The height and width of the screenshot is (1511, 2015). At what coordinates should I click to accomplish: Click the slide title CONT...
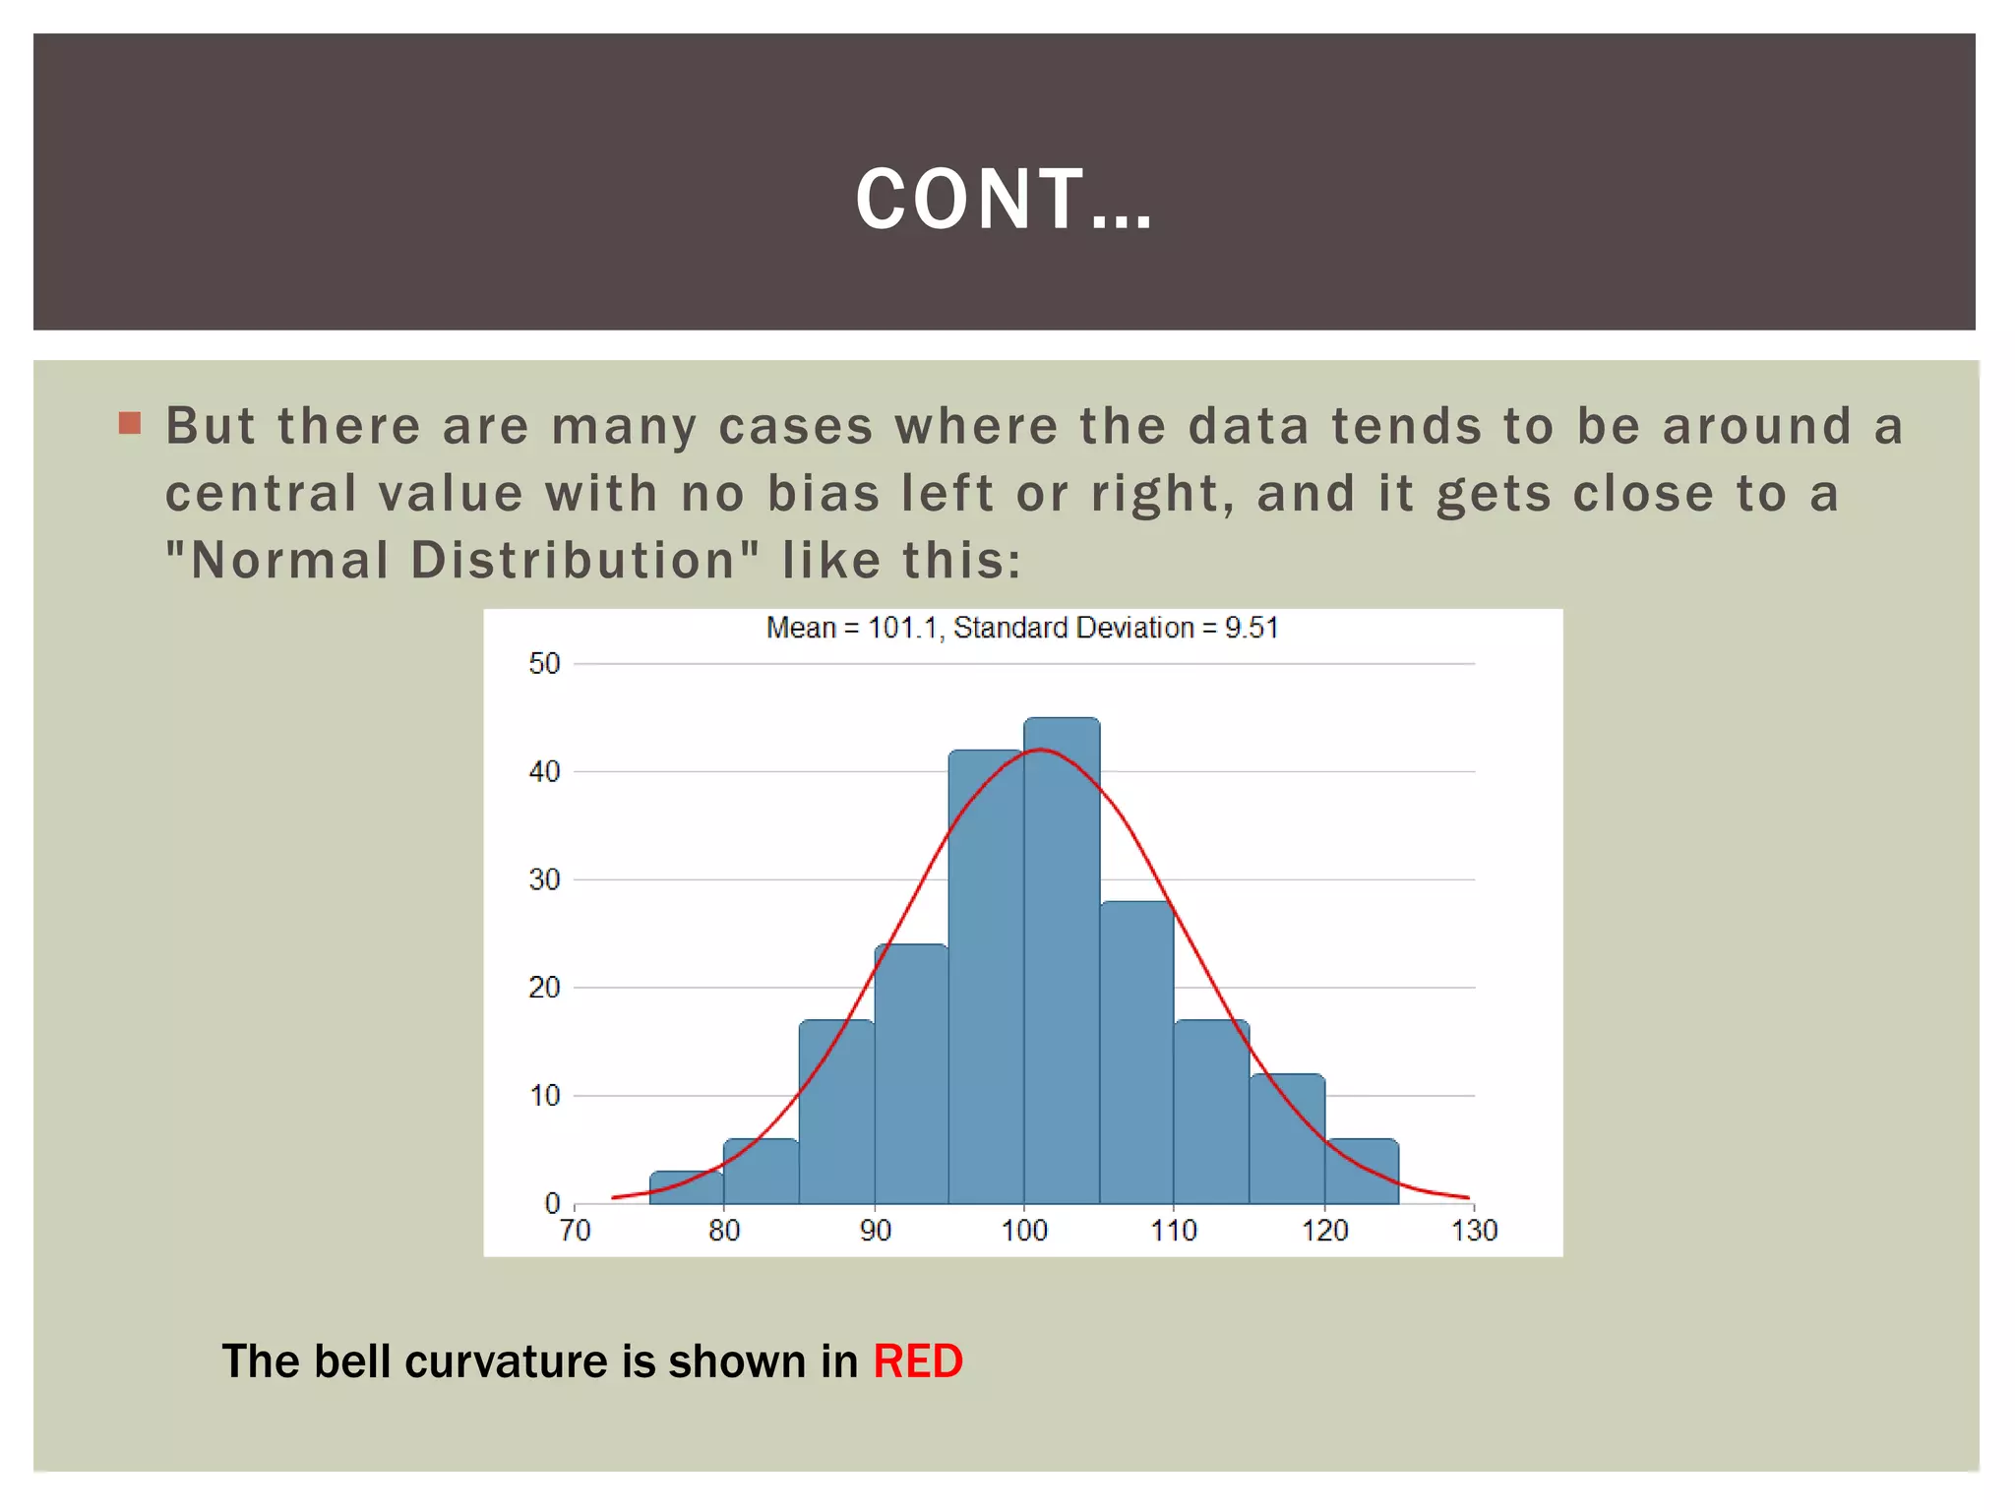[1004, 200]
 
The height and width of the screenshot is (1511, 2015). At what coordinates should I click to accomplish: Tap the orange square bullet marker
[130, 424]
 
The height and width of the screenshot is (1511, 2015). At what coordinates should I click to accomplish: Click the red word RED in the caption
[917, 1361]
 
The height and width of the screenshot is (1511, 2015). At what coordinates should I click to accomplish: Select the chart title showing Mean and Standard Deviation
[1022, 628]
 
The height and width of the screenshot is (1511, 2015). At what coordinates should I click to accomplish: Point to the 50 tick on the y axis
[544, 664]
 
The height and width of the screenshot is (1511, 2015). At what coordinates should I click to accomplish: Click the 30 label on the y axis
[544, 879]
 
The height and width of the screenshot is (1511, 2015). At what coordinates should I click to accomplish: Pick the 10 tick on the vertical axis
[544, 1095]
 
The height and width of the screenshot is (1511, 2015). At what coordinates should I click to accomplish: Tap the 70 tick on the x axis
[576, 1230]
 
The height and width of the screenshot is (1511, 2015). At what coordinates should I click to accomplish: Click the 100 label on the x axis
[1024, 1230]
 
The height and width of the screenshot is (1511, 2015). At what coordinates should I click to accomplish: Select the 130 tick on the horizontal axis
[1474, 1230]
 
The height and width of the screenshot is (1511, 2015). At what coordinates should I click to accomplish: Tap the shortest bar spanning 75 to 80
[687, 1188]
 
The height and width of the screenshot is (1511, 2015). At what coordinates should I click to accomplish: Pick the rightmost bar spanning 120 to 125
[1362, 1173]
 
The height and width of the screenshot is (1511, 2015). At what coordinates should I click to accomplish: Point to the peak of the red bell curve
[1041, 751]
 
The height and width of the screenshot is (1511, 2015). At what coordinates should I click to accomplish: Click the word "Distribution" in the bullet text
[575, 561]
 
